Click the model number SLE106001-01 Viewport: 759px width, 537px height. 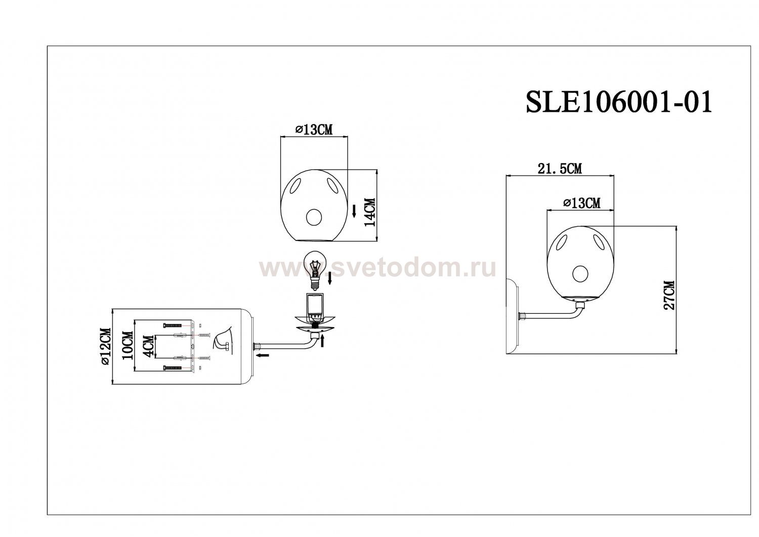point(619,102)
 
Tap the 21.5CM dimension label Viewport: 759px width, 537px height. point(560,169)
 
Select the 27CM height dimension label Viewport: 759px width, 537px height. point(669,295)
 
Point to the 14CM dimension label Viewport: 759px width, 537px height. point(370,212)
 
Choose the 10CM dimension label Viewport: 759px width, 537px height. point(128,346)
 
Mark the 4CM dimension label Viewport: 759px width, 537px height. point(149,346)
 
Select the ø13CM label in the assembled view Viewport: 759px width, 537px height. point(581,203)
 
